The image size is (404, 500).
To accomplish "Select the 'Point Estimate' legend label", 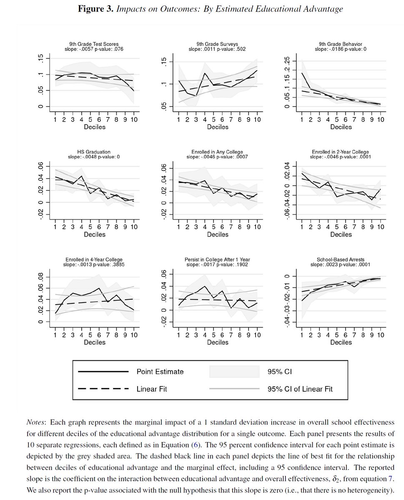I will coord(160,372).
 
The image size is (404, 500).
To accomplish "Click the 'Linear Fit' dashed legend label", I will coord(153,389).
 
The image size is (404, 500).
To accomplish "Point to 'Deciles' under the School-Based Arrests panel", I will coord(341,342).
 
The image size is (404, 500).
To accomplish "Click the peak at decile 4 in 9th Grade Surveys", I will coord(205,73).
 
